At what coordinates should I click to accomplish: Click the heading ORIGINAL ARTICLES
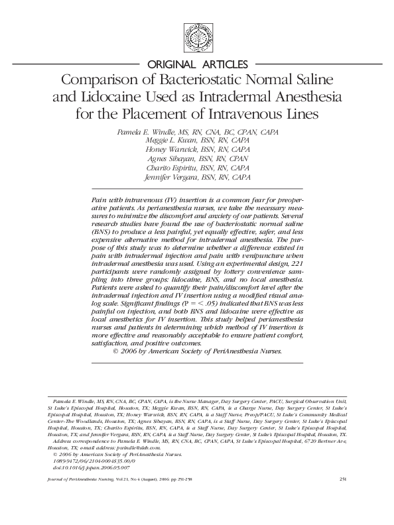coord(197,64)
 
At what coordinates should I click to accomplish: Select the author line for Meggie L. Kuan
coord(197,141)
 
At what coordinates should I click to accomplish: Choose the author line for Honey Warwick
coord(197,150)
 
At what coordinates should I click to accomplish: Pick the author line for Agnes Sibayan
coord(197,159)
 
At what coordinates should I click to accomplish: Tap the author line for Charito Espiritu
coord(197,168)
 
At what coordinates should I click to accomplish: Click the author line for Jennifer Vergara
coord(197,178)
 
